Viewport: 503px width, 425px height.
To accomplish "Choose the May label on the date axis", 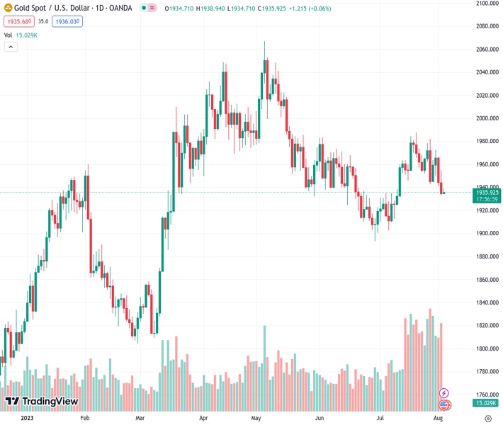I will [x=256, y=418].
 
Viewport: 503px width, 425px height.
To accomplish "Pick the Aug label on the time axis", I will [x=438, y=418].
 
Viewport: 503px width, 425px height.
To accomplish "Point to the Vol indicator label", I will [x=8, y=35].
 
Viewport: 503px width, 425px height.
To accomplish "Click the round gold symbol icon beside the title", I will [x=8, y=8].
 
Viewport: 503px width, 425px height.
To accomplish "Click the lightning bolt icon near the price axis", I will [x=444, y=392].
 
